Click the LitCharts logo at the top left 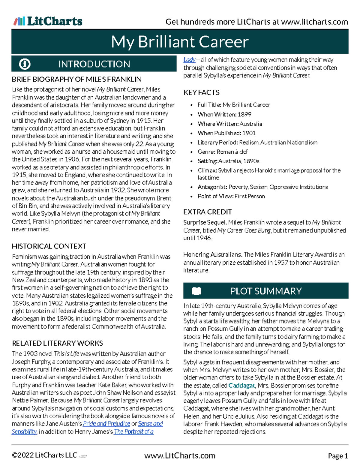click(48, 21)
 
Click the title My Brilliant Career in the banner click(180, 42)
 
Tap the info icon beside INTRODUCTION click(25, 64)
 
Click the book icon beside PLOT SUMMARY click(196, 291)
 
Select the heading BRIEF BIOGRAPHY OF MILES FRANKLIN click(76, 80)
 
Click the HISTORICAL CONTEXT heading click(49, 246)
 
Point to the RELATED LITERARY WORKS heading click(57, 343)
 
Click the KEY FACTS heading click(201, 92)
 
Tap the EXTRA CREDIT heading click(207, 212)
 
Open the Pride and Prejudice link click(106, 424)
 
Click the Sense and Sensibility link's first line click(150, 424)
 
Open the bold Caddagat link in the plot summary click(241, 385)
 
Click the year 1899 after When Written click(244, 114)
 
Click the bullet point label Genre click(206, 152)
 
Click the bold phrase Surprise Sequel click(205, 222)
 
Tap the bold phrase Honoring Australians click(213, 254)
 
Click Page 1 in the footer click(338, 456)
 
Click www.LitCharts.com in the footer click(180, 456)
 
